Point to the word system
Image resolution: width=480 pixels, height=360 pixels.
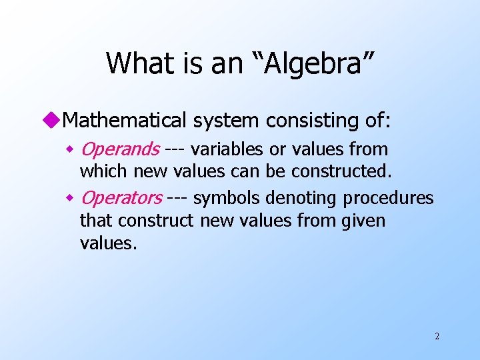point(227,121)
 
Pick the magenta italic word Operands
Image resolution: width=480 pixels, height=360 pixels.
point(119,149)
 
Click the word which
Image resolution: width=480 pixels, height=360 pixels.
point(104,171)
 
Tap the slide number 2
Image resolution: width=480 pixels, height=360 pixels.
point(437,336)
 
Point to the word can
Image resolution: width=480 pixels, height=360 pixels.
point(247,171)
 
